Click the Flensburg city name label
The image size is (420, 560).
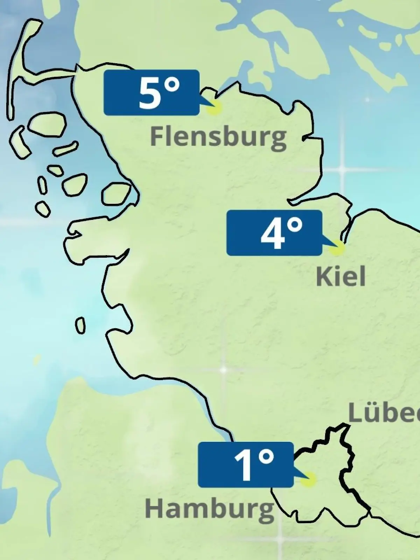point(218,138)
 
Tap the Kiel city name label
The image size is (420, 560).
point(341,276)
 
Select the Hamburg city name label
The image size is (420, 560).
point(209,509)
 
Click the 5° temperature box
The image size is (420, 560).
point(152,92)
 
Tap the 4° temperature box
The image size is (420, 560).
point(274,232)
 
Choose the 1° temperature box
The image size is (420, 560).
point(245,464)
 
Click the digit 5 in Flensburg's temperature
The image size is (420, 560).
point(148,93)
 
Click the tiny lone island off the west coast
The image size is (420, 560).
point(80,325)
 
